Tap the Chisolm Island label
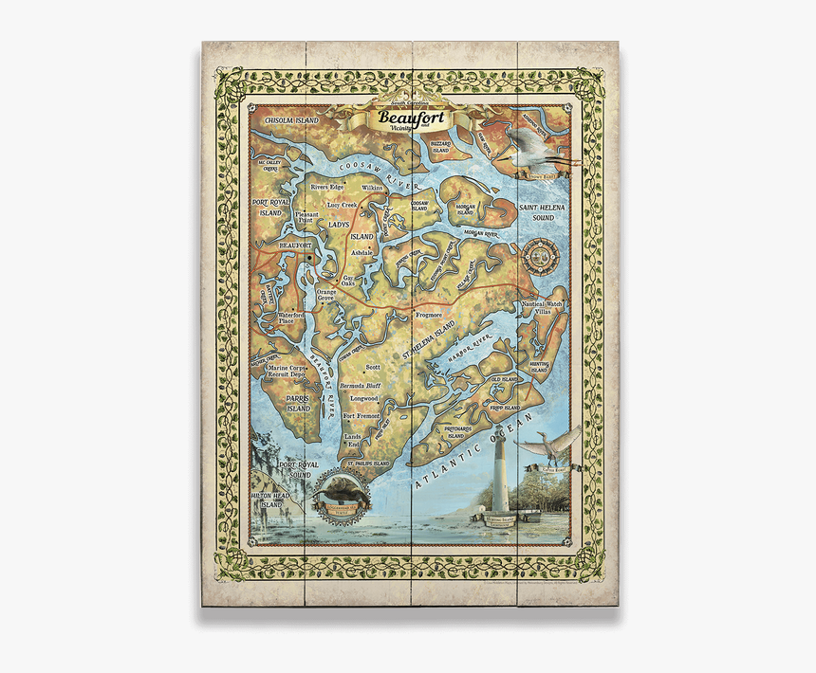coord(290,122)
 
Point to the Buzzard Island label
coord(440,146)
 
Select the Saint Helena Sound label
coord(545,211)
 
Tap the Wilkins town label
coord(372,189)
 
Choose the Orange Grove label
coord(326,295)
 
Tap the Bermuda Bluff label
coord(361,387)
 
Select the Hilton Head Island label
coord(272,500)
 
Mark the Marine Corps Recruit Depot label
coord(285,371)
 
